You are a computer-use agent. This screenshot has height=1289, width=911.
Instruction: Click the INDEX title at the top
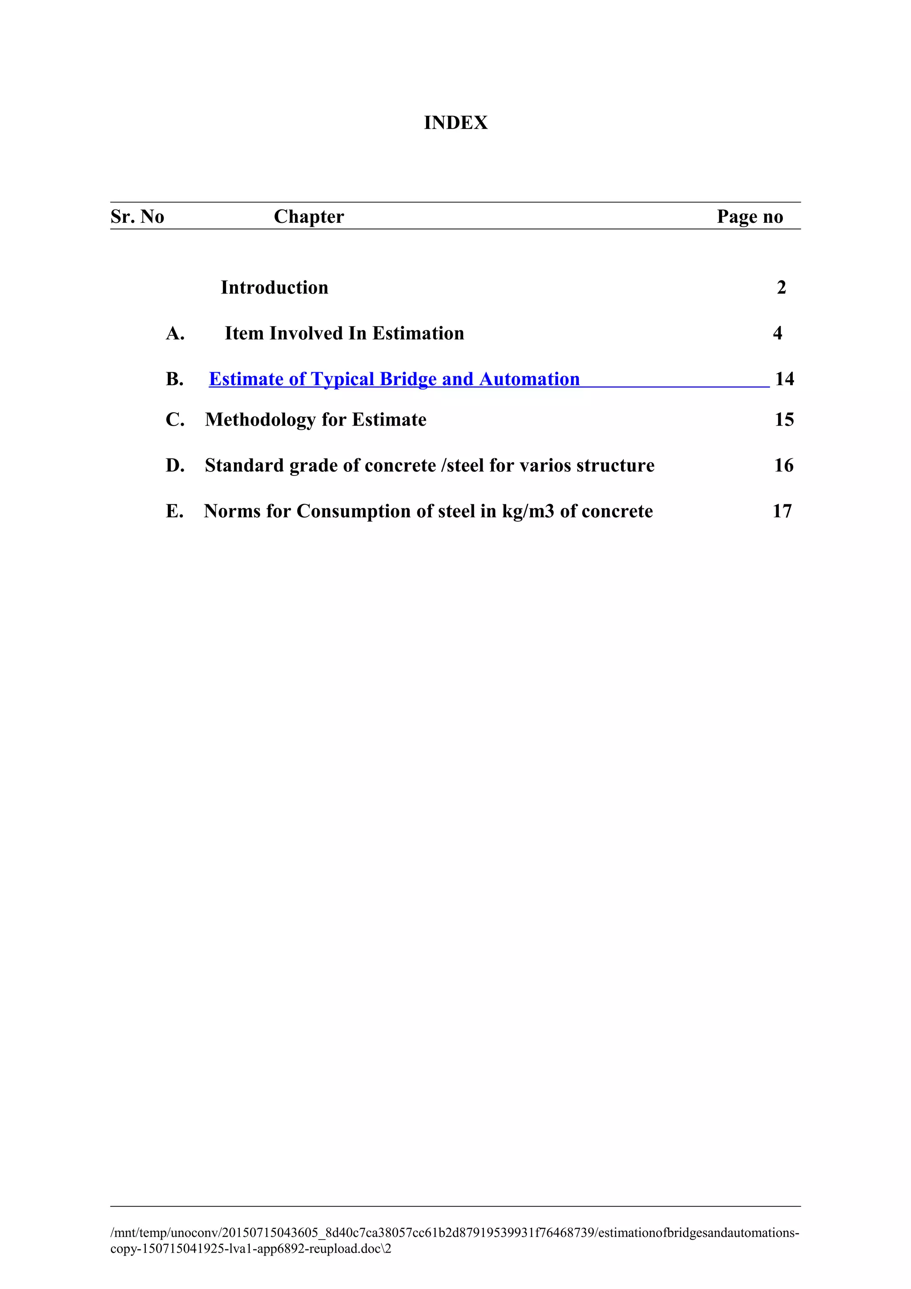click(x=455, y=122)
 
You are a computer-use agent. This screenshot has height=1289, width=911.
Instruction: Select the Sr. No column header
click(x=137, y=217)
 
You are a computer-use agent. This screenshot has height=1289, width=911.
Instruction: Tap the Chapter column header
click(x=309, y=217)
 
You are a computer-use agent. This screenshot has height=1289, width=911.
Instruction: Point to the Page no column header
click(x=750, y=217)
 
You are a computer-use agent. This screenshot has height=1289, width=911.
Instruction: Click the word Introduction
click(x=274, y=287)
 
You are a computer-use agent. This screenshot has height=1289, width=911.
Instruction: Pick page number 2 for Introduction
click(x=782, y=287)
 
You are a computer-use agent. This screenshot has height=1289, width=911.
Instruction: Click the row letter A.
click(x=174, y=334)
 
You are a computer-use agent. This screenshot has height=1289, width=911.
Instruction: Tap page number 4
click(x=778, y=334)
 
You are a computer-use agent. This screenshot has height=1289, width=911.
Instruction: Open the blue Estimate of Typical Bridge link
click(x=394, y=379)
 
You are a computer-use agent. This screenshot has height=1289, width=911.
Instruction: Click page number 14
click(x=784, y=379)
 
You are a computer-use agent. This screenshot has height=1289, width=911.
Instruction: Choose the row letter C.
click(x=174, y=420)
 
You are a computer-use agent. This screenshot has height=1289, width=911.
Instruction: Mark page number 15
click(x=784, y=420)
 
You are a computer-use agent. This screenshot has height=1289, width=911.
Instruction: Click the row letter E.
click(x=174, y=512)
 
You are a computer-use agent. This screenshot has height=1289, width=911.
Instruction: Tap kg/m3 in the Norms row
click(x=528, y=512)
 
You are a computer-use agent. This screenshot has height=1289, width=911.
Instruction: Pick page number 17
click(x=782, y=512)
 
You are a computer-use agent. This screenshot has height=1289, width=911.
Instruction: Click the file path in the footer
click(x=455, y=1240)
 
